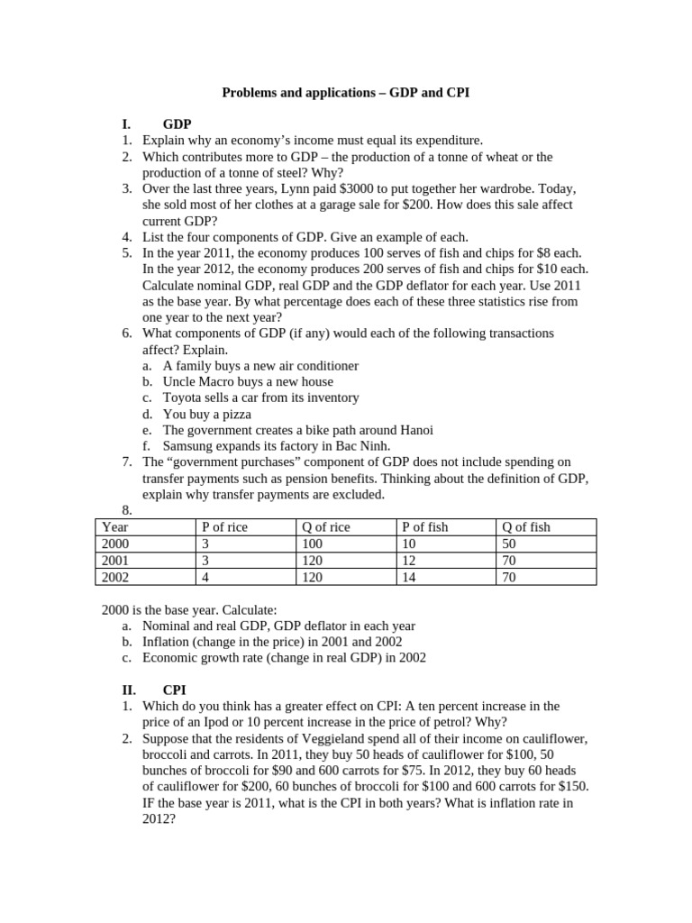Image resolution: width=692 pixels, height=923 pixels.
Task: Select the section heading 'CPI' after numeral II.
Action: click(175, 690)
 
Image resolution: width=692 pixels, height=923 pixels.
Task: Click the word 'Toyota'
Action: click(183, 398)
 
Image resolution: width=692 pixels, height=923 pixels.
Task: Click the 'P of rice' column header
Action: click(224, 527)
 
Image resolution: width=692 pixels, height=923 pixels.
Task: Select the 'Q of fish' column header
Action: click(526, 527)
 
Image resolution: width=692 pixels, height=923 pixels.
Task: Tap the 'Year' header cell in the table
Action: click(115, 527)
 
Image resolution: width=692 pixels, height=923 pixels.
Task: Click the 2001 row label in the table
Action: click(116, 561)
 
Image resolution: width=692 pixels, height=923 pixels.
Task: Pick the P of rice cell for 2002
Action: click(205, 577)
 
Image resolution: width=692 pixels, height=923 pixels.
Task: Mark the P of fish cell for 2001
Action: click(409, 561)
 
